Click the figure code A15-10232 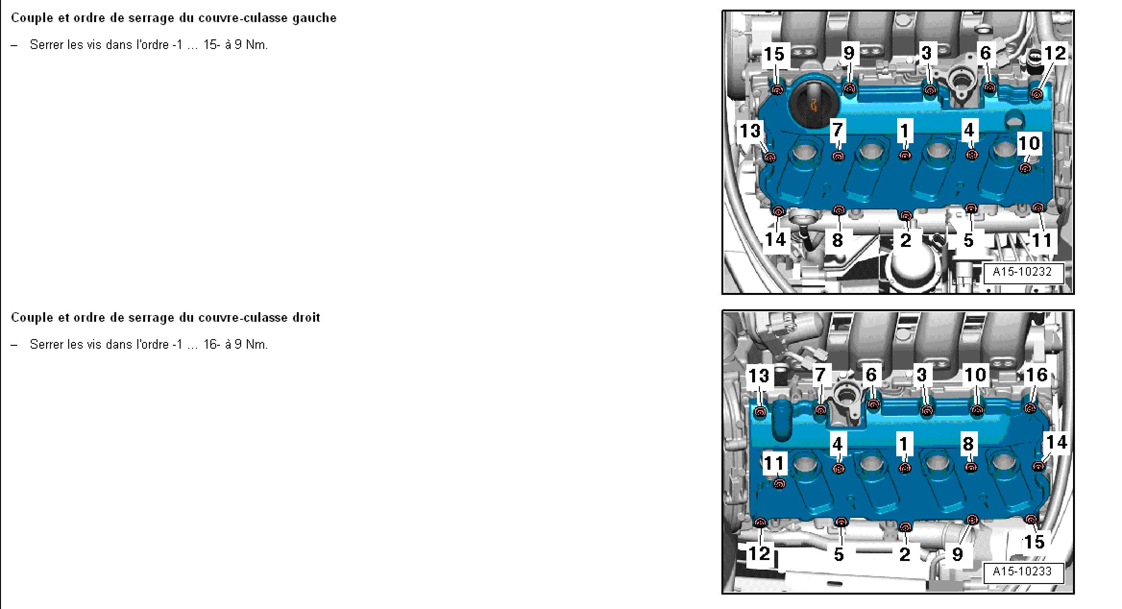coord(1022,272)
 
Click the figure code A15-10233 coord(1022,572)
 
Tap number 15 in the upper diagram coord(774,54)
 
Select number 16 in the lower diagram coord(1036,375)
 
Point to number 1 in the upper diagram coord(905,131)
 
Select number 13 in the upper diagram coord(750,131)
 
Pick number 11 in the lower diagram coord(774,463)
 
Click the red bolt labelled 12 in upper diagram coord(1036,94)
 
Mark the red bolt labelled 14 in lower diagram coord(1038,465)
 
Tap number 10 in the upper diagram coord(1029,143)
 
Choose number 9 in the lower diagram coord(957,554)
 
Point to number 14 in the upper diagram coord(775,239)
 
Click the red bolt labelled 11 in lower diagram coord(780,484)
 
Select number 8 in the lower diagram coord(968,443)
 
